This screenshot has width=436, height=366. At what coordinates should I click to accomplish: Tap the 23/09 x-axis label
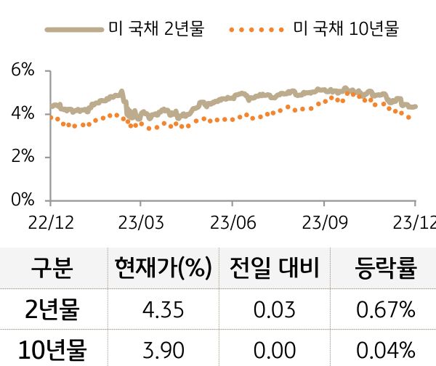323,221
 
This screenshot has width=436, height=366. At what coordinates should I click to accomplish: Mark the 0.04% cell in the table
386,350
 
